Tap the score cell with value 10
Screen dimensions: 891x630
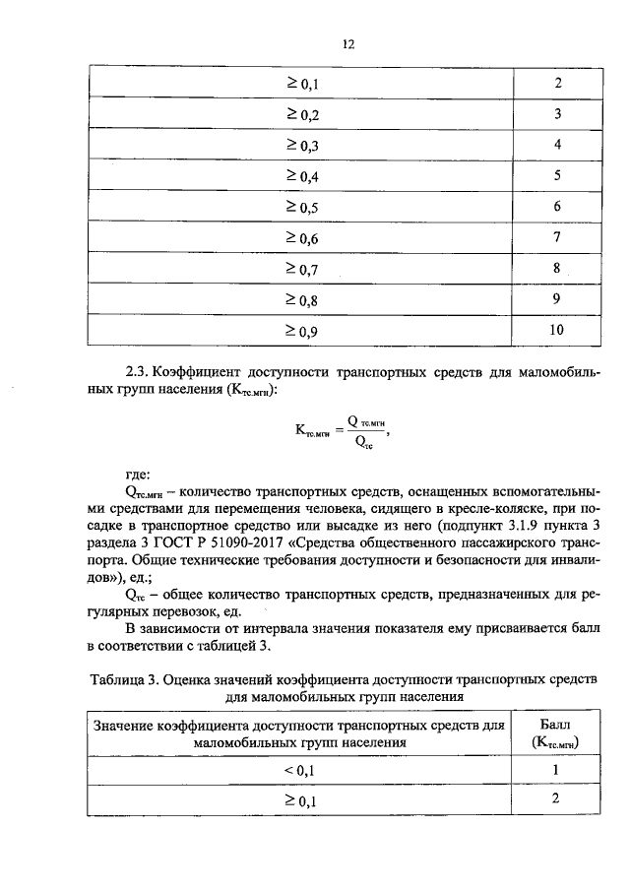click(x=556, y=331)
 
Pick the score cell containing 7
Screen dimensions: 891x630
click(x=556, y=237)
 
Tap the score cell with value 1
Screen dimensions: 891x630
click(x=556, y=770)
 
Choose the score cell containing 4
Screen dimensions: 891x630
click(x=556, y=145)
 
